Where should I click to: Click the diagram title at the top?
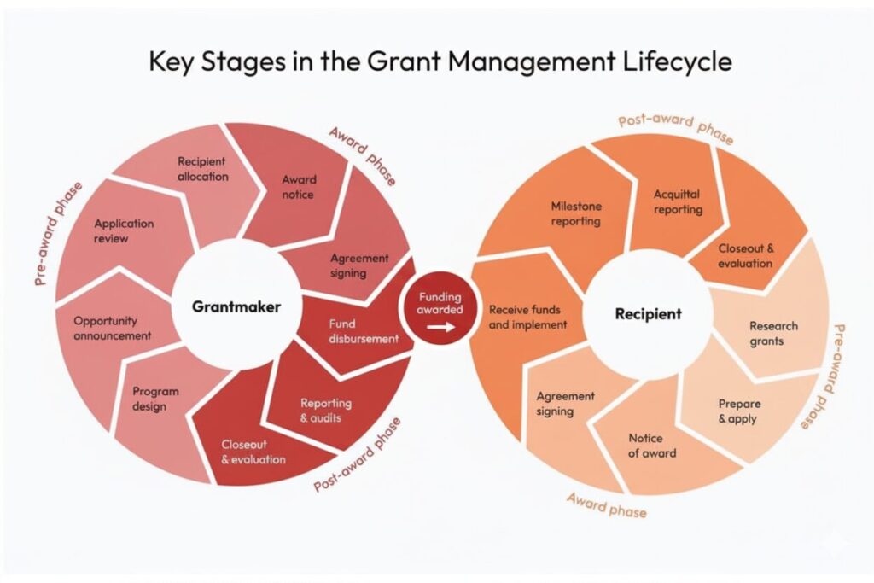pyautogui.click(x=436, y=62)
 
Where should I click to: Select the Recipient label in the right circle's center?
pyautogui.click(x=648, y=314)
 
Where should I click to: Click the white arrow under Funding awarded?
pyautogui.click(x=440, y=326)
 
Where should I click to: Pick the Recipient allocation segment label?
pyautogui.click(x=202, y=168)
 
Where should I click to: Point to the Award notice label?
pyautogui.click(x=299, y=187)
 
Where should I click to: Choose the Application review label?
pyautogui.click(x=124, y=230)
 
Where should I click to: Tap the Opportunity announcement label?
pyautogui.click(x=112, y=328)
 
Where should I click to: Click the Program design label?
pyautogui.click(x=155, y=399)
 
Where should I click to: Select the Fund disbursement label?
pyautogui.click(x=363, y=331)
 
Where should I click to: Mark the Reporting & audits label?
pyautogui.click(x=325, y=411)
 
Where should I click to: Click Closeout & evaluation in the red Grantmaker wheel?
pyautogui.click(x=253, y=452)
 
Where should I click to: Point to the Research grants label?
pyautogui.click(x=773, y=334)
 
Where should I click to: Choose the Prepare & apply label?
pyautogui.click(x=738, y=411)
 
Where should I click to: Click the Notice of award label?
pyautogui.click(x=651, y=446)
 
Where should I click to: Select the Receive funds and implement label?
pyautogui.click(x=527, y=317)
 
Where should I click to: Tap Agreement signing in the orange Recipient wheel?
pyautogui.click(x=565, y=404)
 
